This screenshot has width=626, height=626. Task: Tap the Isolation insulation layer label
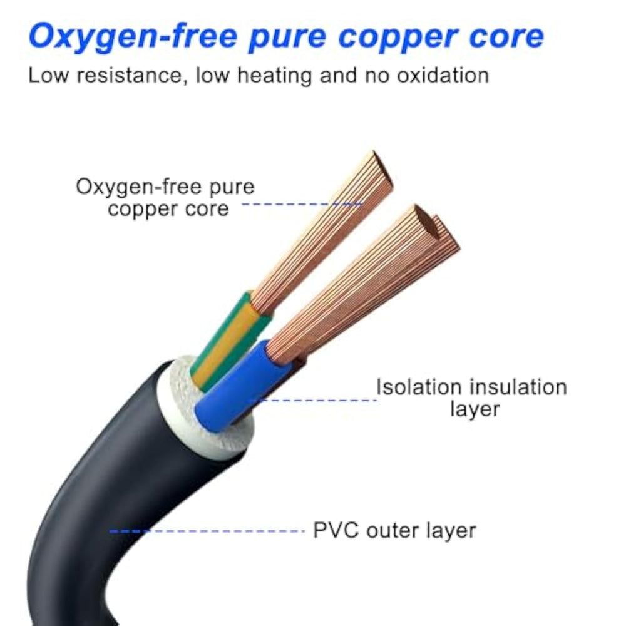tap(471, 398)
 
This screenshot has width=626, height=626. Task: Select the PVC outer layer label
tap(394, 531)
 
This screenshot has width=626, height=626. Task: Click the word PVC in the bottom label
tap(335, 531)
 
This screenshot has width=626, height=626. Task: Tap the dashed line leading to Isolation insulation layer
tap(319, 399)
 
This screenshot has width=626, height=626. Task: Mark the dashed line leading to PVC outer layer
tap(207, 531)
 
